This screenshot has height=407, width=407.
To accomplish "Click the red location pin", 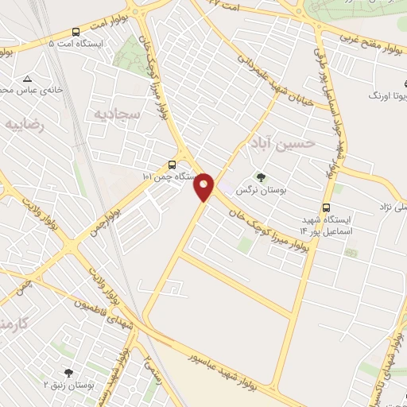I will pyautogui.click(x=204, y=187).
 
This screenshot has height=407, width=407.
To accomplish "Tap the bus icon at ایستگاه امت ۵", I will pyautogui.click(x=76, y=32).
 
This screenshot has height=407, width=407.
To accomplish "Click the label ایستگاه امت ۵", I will pyautogui.click(x=75, y=45).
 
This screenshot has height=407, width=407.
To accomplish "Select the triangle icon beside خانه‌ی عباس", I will pyautogui.click(x=28, y=79).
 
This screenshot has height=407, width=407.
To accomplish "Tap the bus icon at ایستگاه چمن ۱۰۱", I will pyautogui.click(x=172, y=165).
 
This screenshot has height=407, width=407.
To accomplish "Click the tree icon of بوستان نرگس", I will pyautogui.click(x=259, y=177).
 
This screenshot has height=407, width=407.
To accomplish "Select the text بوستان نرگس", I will pyautogui.click(x=259, y=189).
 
